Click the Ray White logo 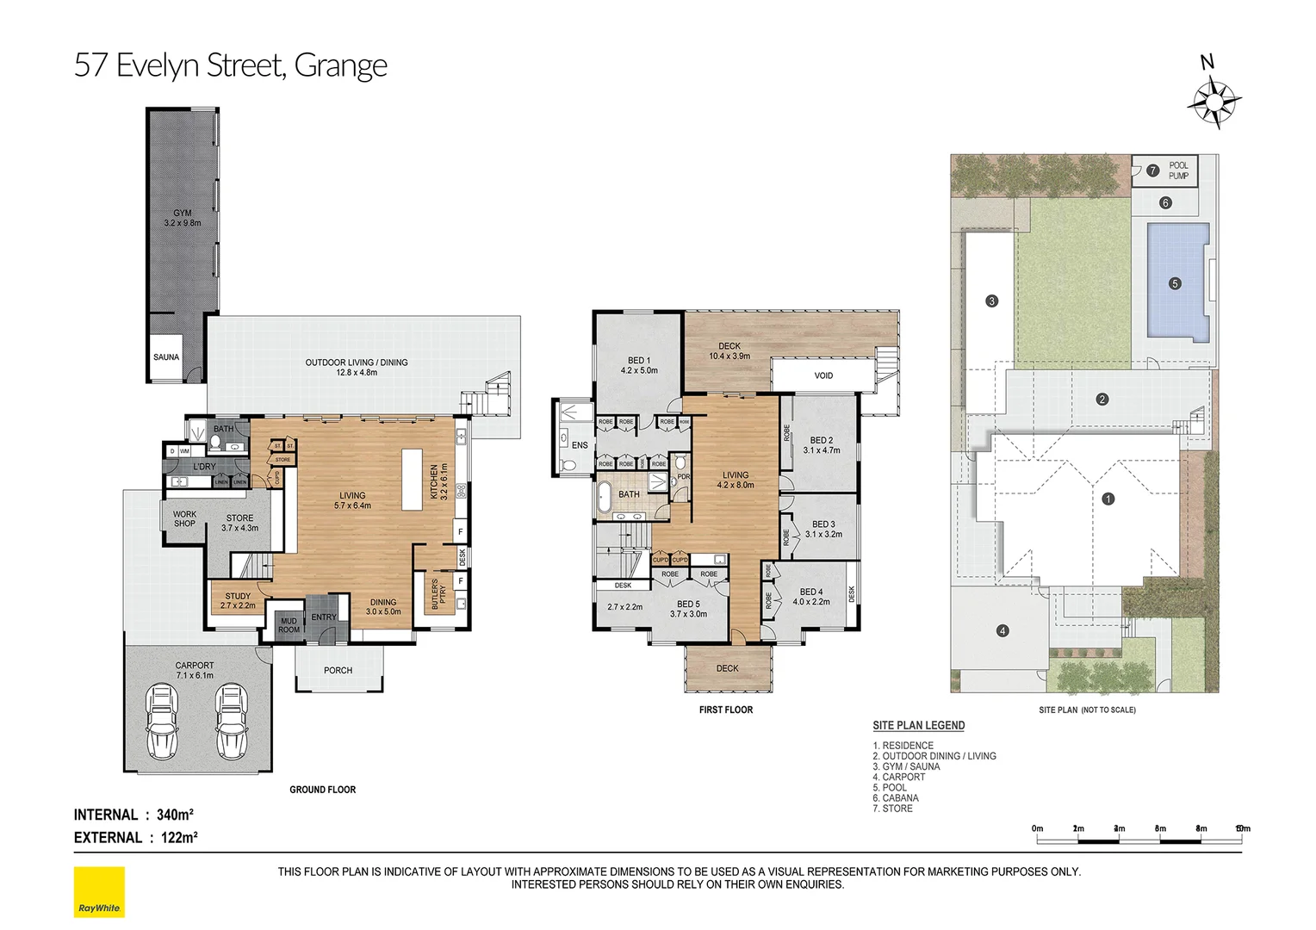tap(99, 892)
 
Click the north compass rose tap(1214, 102)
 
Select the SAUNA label tap(166, 356)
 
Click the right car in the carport tap(230, 718)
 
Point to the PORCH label tap(338, 670)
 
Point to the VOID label tap(823, 375)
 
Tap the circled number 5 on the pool tap(1175, 283)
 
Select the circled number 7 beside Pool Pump tap(1153, 170)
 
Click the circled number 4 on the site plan tap(1002, 630)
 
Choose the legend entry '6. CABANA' tap(895, 798)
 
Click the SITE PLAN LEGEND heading tap(918, 725)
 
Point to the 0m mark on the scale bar tap(1037, 828)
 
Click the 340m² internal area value tap(175, 815)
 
